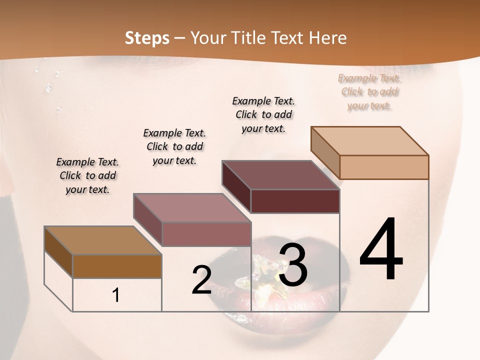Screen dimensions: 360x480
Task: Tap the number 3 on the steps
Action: click(x=293, y=265)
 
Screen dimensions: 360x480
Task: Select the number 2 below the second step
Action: click(x=201, y=280)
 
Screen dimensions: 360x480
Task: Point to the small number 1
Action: click(x=115, y=295)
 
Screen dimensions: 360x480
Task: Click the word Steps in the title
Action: click(x=147, y=38)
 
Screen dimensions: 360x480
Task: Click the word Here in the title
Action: click(x=328, y=38)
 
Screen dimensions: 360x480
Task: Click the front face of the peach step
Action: click(x=384, y=167)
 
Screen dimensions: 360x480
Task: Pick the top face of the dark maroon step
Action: click(x=280, y=175)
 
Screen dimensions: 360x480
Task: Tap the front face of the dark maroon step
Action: click(x=295, y=201)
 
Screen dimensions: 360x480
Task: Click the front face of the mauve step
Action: click(x=206, y=234)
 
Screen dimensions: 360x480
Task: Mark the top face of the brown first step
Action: click(x=103, y=240)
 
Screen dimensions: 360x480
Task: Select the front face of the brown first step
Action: click(x=117, y=266)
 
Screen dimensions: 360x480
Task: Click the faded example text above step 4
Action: click(x=369, y=92)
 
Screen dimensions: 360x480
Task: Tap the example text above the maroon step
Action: click(x=263, y=114)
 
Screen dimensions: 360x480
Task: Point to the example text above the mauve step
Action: click(x=174, y=146)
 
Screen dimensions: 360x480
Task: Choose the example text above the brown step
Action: click(x=87, y=175)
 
